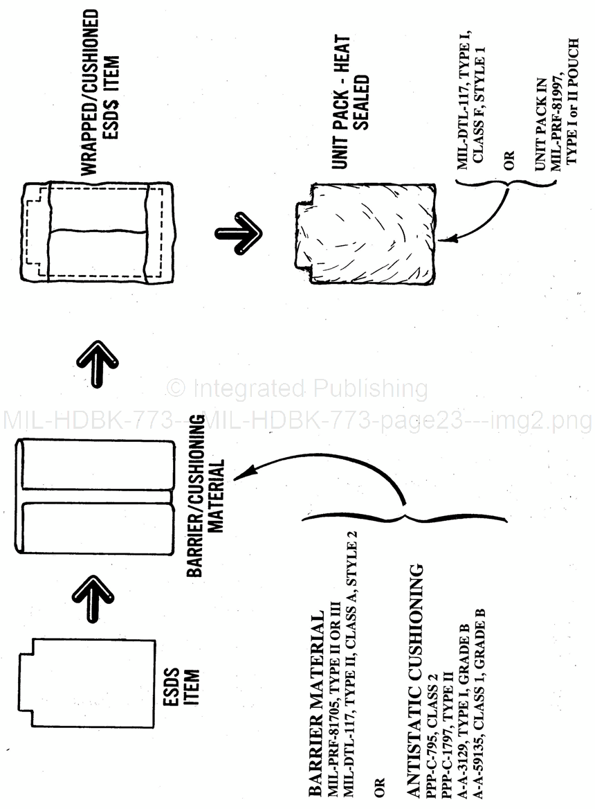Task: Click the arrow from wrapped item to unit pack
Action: tap(239, 229)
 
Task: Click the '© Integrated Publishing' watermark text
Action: tap(297, 389)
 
